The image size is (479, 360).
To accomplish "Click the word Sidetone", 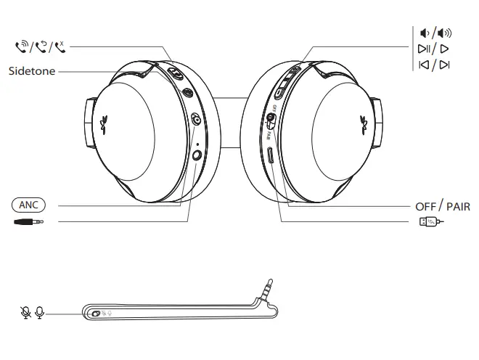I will [x=32, y=71].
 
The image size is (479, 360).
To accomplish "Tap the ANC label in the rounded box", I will [x=28, y=205].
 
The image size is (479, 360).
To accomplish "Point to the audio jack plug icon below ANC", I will [x=28, y=221].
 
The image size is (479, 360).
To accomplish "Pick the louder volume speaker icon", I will [x=445, y=33].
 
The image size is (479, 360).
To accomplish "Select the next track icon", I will [x=444, y=65].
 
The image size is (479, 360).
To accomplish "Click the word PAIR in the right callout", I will [x=458, y=206].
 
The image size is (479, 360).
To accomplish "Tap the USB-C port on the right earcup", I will [x=271, y=155].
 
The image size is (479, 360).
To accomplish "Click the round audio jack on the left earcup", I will [x=197, y=153].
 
